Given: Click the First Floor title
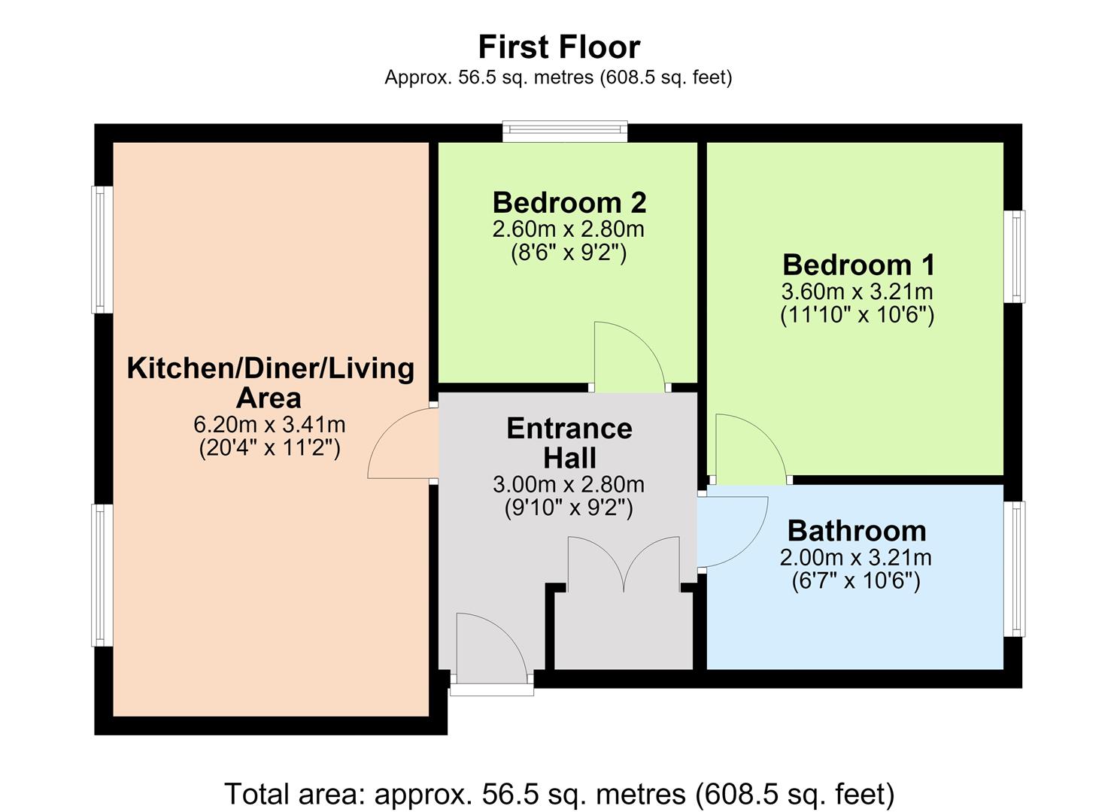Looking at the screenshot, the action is tap(559, 47).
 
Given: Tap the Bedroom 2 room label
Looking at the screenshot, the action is tap(569, 203).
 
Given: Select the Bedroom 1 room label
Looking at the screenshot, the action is tap(858, 265).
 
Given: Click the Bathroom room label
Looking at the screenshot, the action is tap(857, 531).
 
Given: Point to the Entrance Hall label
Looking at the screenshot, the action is tap(569, 443).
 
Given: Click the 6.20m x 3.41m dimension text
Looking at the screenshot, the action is tap(269, 425).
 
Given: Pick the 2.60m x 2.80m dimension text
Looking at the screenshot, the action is tap(569, 229).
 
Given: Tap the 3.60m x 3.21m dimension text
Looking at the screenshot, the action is tap(857, 292).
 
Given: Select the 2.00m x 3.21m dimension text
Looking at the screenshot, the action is tap(856, 558).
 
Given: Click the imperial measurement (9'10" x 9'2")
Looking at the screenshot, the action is tap(569, 508).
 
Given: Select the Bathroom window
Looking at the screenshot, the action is tap(1014, 568).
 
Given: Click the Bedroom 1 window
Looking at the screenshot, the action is tap(1014, 256).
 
